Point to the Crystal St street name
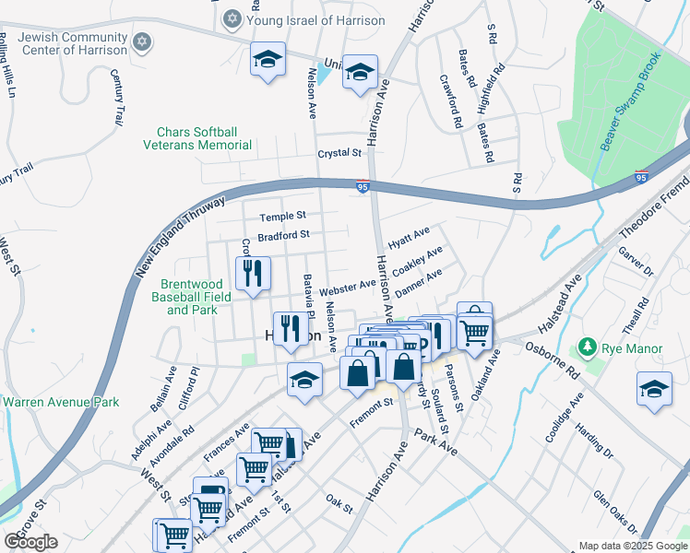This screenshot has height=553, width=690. click(x=339, y=153)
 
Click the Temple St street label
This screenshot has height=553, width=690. click(x=281, y=217)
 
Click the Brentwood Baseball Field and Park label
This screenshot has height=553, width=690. click(x=193, y=298)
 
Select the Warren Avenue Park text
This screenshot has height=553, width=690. click(x=61, y=403)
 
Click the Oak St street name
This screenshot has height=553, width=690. click(x=339, y=503)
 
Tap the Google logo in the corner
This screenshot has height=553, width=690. click(x=30, y=542)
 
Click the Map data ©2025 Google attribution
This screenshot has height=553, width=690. click(x=633, y=545)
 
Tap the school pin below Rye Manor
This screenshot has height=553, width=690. click(x=654, y=389)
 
